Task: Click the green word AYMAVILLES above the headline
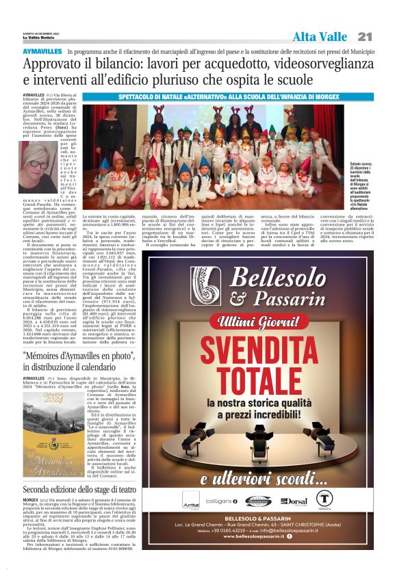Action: tap(42, 52)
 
